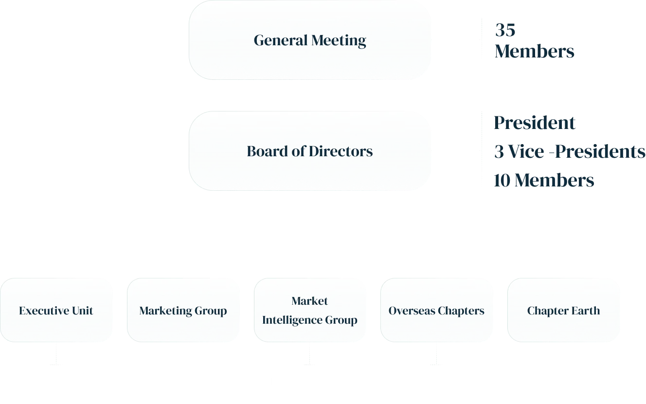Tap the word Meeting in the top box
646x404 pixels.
[x=339, y=40]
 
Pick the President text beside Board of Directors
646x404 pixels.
[x=534, y=123]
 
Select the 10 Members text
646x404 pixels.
[x=544, y=180]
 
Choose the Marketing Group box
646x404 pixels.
[x=183, y=311]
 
